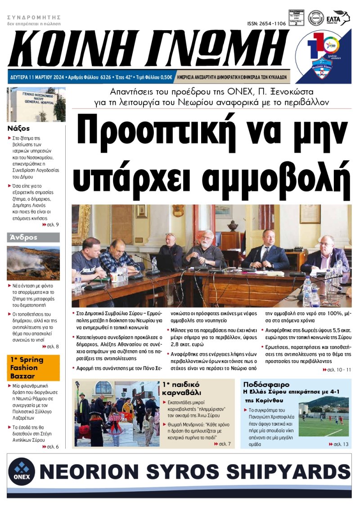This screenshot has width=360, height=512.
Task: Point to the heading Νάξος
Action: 19,128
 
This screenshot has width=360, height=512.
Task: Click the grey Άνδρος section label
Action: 22,237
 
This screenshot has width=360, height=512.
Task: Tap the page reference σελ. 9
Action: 51,224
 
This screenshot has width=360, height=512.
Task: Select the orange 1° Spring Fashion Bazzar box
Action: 33,367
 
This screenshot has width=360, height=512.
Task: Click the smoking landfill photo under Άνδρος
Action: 33,263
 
